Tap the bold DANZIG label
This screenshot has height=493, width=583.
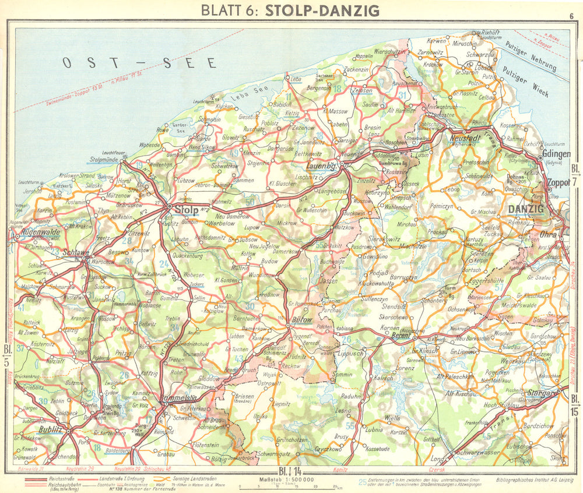coord(525,209)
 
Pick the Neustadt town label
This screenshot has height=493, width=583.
coord(466,138)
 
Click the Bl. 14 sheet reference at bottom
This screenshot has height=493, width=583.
coord(290,470)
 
